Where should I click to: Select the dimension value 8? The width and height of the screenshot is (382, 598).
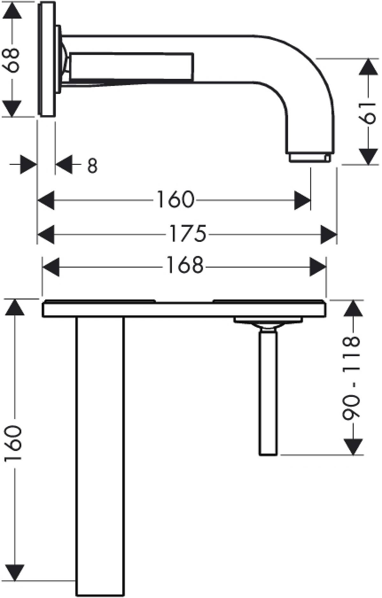click(x=92, y=165)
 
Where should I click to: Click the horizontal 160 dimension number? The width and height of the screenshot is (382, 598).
click(x=175, y=200)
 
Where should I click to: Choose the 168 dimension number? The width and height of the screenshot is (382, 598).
click(x=185, y=265)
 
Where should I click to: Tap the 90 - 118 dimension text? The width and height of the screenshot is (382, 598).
click(x=351, y=377)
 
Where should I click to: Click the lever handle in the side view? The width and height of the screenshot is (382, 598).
click(x=131, y=67)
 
